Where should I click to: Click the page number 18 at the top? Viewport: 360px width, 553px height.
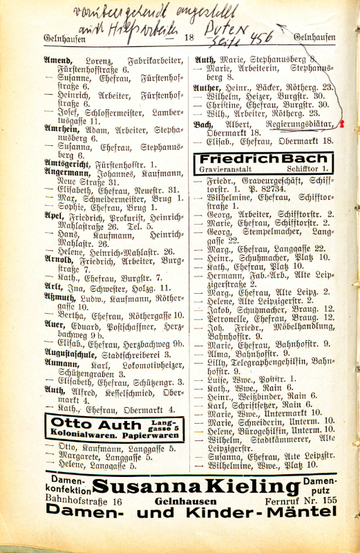click(189, 39)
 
